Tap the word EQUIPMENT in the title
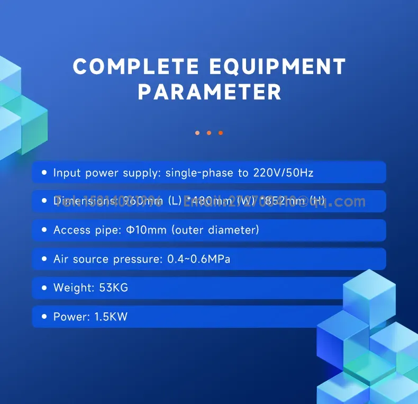[278, 67]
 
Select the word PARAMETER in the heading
[210, 92]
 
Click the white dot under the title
[197, 133]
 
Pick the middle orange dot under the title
[209, 133]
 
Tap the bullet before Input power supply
[44, 173]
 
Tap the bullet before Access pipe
[44, 230]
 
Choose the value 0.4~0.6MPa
[198, 259]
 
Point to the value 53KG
[114, 288]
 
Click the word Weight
[73, 288]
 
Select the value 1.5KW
[111, 317]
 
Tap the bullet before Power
[44, 317]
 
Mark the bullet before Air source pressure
[44, 259]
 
